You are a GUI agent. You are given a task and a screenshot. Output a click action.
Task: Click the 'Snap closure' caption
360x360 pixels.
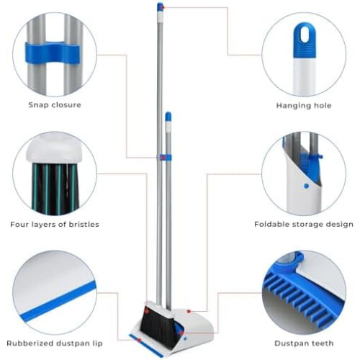[55, 105]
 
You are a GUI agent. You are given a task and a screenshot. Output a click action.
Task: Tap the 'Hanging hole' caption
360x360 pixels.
[304, 105]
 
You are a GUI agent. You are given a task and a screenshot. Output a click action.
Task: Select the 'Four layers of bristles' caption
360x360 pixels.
[55, 225]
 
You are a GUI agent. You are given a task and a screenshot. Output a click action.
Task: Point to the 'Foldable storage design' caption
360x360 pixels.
[304, 225]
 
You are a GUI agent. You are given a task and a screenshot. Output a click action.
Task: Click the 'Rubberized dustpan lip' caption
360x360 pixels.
[55, 343]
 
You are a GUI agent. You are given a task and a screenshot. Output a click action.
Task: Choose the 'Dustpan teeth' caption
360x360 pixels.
[304, 343]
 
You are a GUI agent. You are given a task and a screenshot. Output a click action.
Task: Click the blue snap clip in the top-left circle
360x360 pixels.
[53, 53]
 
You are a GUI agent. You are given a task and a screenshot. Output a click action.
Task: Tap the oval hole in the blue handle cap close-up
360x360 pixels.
[305, 35]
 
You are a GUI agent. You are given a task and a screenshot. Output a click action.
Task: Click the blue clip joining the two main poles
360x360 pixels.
[166, 158]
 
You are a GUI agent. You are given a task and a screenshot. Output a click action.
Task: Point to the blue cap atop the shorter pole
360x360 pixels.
[168, 116]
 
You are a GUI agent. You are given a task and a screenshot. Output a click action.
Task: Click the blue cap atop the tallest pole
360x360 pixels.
[160, 6]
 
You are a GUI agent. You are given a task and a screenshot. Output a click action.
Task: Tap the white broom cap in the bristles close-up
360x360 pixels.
[55, 150]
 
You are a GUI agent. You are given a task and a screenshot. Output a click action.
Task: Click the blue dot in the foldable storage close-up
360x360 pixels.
[306, 186]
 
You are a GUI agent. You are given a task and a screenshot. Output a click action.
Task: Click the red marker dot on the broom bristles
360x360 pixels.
[147, 311]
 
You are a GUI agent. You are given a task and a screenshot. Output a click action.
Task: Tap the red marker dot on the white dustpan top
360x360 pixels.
[189, 311]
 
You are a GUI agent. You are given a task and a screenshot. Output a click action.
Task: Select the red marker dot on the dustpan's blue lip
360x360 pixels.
[139, 340]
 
